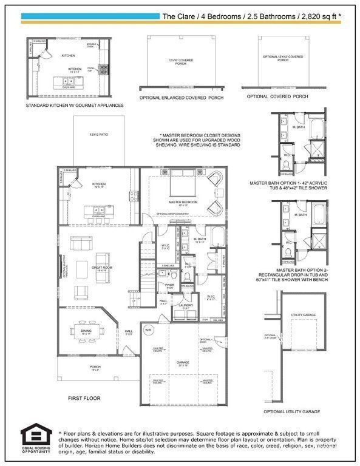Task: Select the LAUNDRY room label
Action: point(185,305)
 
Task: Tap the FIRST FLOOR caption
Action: point(84,399)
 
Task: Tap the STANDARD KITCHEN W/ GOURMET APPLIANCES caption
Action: point(75,105)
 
